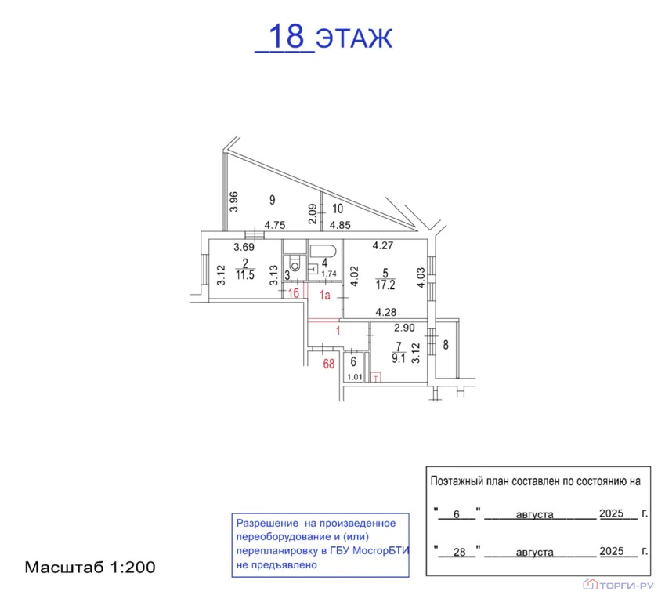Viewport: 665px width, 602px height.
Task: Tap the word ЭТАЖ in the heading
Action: [x=355, y=38]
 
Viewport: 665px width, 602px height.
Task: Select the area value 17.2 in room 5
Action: [x=385, y=285]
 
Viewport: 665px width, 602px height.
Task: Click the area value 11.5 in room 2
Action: [x=245, y=275]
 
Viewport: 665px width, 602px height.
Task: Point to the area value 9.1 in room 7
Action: [x=399, y=359]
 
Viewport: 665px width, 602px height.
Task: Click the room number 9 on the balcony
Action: [x=273, y=200]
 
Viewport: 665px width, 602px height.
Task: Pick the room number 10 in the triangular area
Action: [x=338, y=209]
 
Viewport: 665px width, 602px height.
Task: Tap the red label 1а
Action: [x=325, y=295]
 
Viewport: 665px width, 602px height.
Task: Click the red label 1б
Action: [x=294, y=293]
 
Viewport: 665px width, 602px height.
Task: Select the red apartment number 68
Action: [x=329, y=364]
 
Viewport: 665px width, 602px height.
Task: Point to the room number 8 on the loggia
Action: [x=446, y=345]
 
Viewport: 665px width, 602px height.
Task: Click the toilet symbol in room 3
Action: [x=295, y=263]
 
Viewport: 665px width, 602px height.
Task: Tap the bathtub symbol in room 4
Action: [x=323, y=251]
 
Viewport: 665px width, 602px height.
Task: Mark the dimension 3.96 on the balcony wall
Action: [x=233, y=201]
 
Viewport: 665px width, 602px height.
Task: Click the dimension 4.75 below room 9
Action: [x=275, y=225]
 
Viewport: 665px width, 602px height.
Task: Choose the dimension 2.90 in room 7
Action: [x=404, y=328]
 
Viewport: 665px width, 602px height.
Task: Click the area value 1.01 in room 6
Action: [x=355, y=377]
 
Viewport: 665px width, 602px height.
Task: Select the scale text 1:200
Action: [x=132, y=568]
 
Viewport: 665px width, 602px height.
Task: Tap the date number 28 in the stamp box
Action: [x=459, y=552]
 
